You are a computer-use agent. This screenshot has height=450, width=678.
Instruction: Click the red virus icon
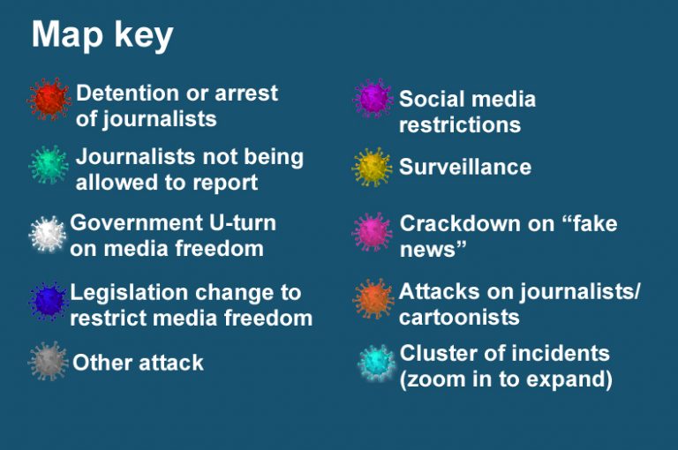tap(49, 99)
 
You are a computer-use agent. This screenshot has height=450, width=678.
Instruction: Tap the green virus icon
tap(49, 165)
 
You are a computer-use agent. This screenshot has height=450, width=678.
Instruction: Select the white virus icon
tap(48, 234)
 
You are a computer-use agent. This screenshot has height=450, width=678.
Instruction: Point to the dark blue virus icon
tap(48, 301)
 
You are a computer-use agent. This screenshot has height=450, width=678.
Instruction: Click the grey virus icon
tap(48, 361)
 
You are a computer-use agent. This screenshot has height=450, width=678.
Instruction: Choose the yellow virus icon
tap(372, 168)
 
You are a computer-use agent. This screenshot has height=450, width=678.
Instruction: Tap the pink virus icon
tap(372, 232)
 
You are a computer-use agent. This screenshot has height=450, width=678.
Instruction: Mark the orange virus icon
tap(373, 299)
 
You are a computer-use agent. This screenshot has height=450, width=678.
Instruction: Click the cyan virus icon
tap(377, 363)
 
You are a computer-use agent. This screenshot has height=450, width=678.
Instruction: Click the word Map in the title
tap(67, 34)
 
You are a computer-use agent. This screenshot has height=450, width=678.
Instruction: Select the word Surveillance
tap(465, 167)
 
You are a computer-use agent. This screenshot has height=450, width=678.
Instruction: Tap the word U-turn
tap(242, 223)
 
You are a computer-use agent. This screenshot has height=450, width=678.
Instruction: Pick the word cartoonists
tap(459, 318)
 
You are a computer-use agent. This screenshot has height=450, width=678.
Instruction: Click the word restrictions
tap(460, 125)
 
